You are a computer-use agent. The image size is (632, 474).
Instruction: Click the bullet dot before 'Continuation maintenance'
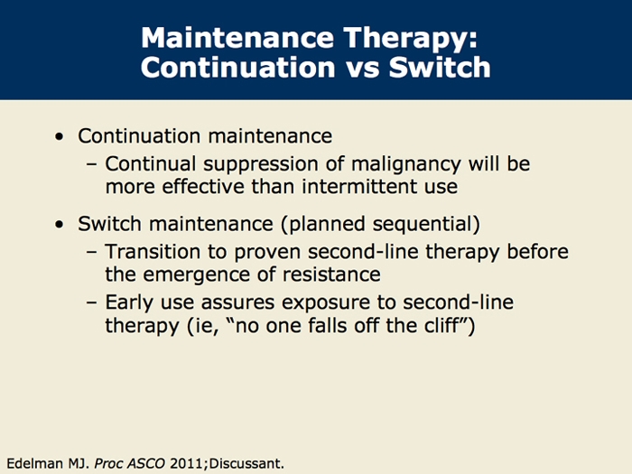click(60, 137)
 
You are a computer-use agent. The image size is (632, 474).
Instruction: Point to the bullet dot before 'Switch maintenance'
click(60, 224)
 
